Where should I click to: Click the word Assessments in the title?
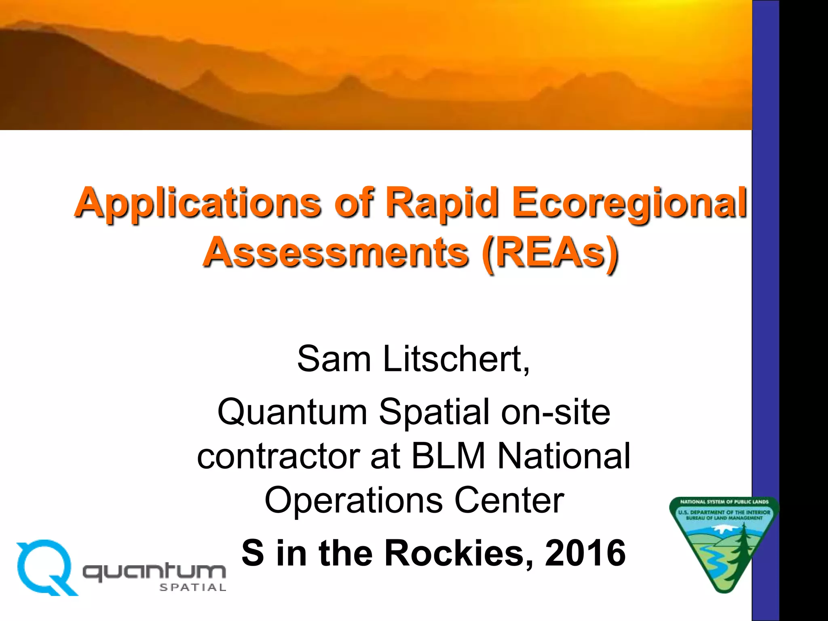[x=336, y=253]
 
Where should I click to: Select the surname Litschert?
[x=456, y=359]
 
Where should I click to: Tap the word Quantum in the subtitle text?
[x=292, y=412]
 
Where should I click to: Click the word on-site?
[x=556, y=412]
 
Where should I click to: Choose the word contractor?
[x=279, y=456]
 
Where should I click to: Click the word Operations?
[x=353, y=501]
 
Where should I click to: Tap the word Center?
[x=509, y=501]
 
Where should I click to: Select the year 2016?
[x=585, y=553]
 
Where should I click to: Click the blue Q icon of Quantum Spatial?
[x=45, y=567]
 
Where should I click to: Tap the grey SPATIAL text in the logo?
[x=193, y=587]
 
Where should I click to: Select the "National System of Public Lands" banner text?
[x=724, y=502]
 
